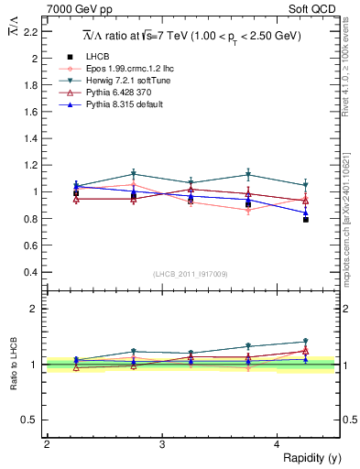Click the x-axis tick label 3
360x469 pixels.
[x=162, y=444]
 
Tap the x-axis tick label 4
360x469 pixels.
[x=278, y=444]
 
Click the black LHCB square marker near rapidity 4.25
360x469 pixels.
[x=306, y=220]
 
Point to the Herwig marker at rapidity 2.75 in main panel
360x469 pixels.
[x=134, y=173]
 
